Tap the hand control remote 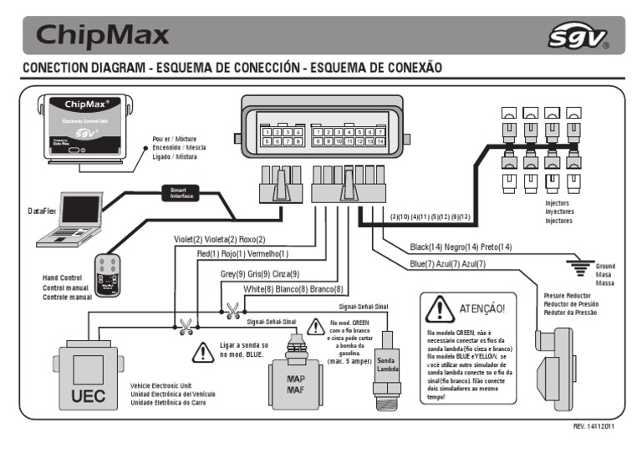point(108,274)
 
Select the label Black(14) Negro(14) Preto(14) point(461,247)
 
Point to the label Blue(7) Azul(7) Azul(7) point(447,264)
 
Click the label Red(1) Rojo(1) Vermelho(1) point(242,253)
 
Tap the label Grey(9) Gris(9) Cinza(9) point(259,273)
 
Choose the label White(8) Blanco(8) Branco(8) point(293,289)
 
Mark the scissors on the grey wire point(232,310)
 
